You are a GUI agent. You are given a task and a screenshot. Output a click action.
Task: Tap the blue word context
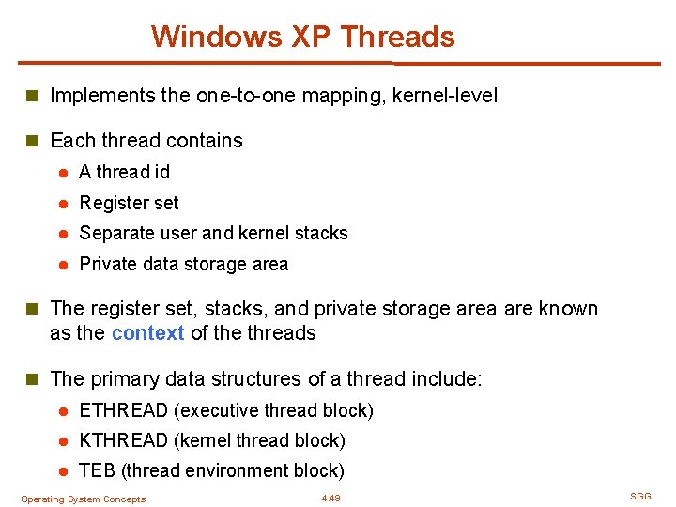[147, 333]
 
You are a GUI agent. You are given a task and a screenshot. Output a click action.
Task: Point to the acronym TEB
[98, 470]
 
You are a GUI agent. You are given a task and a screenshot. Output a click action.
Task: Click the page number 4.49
[330, 499]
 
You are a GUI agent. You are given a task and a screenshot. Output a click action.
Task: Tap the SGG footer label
[640, 496]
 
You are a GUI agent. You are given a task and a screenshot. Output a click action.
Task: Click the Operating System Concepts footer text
[83, 499]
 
